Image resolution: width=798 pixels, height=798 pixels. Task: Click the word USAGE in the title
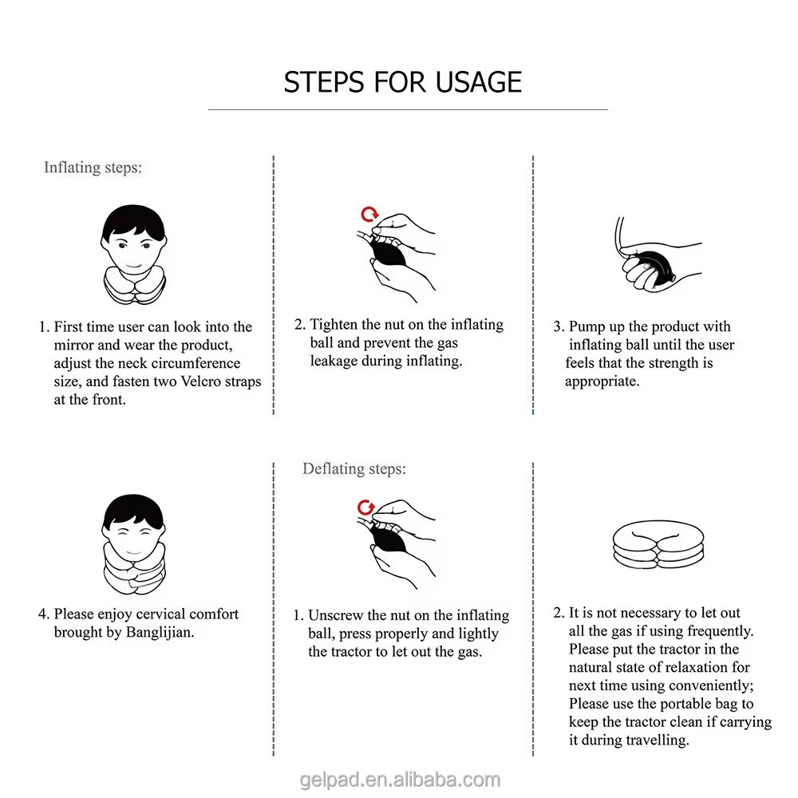click(478, 82)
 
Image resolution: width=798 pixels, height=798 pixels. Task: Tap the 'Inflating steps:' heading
click(93, 168)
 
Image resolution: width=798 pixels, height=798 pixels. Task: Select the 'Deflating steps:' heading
click(354, 468)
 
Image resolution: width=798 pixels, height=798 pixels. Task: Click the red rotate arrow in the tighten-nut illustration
click(369, 214)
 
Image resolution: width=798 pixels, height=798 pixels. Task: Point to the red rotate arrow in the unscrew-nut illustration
click(365, 508)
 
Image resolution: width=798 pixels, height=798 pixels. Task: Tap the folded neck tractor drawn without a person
click(658, 544)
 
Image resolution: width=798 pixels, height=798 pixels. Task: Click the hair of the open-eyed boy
click(133, 221)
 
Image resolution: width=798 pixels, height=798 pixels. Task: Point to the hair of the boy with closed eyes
click(133, 511)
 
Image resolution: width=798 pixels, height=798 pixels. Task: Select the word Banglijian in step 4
click(160, 633)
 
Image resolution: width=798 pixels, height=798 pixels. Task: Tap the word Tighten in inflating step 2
click(334, 325)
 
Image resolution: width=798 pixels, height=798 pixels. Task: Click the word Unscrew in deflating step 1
click(335, 615)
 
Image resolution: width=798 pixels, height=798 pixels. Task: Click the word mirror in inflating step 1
click(73, 345)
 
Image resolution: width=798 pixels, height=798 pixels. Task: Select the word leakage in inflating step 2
click(334, 361)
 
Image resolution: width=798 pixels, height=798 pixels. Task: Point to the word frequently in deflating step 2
click(720, 631)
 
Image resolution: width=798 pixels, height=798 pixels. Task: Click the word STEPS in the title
click(324, 82)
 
